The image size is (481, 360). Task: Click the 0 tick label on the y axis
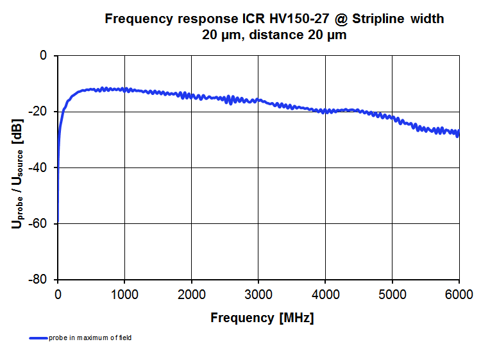click(44, 56)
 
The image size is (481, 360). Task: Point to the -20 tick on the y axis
click(39, 112)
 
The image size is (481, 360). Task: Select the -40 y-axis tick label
click(39, 167)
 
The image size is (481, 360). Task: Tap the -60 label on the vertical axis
click(39, 223)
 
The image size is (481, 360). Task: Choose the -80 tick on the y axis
click(39, 280)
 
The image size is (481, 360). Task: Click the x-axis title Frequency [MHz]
click(262, 318)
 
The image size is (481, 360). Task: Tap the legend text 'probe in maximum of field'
click(90, 338)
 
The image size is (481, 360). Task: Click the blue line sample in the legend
click(38, 338)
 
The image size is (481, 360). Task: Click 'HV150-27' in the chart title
click(282, 19)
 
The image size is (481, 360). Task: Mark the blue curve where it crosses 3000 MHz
click(258, 100)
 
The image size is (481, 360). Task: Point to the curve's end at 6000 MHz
click(458, 133)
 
